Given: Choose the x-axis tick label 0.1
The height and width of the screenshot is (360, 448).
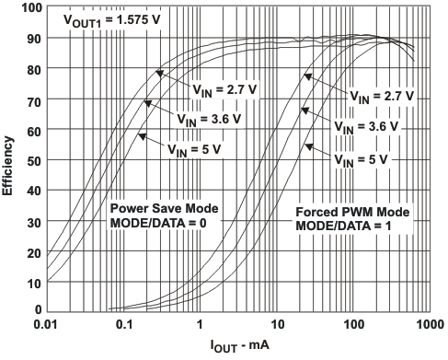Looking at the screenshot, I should [x=122, y=325].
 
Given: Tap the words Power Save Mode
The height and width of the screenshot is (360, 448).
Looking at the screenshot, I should [x=149, y=208].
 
